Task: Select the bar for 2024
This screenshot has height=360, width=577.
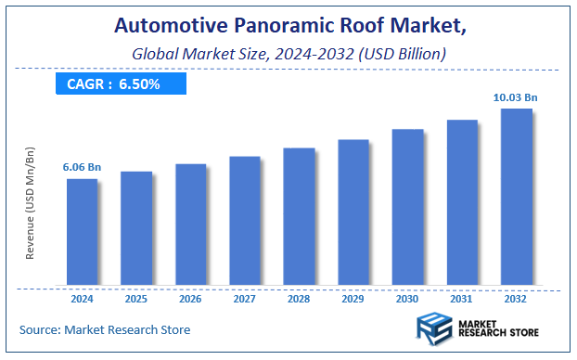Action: pyautogui.click(x=82, y=232)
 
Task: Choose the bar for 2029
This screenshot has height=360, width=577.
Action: pyautogui.click(x=353, y=212)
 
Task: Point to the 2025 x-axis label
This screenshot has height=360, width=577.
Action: pyautogui.click(x=136, y=300)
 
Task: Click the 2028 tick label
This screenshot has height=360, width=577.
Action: pyautogui.click(x=299, y=300)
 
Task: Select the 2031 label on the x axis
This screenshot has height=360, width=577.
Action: pyautogui.click(x=462, y=300)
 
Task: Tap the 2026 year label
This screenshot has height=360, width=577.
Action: pyautogui.click(x=190, y=300)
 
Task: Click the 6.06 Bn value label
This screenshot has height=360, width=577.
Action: pyautogui.click(x=82, y=167)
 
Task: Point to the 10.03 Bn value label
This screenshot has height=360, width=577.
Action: pyautogui.click(x=516, y=97)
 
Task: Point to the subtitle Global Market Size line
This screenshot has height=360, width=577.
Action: pyautogui.click(x=287, y=56)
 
